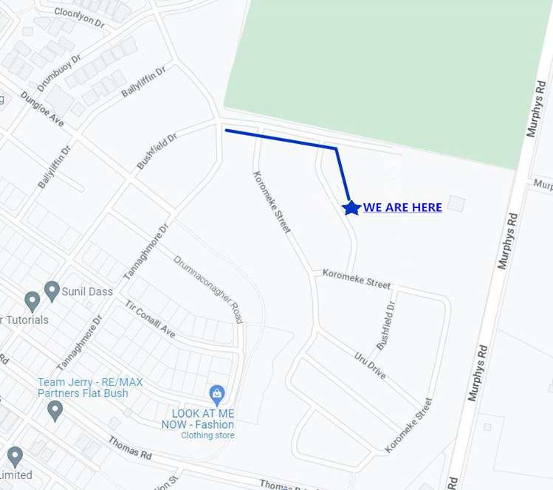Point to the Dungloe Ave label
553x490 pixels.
pyautogui.click(x=42, y=108)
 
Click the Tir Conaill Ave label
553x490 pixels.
pyautogui.click(x=150, y=320)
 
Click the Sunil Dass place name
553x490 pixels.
pyautogui.click(x=88, y=291)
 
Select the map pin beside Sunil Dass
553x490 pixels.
pyautogui.click(x=52, y=291)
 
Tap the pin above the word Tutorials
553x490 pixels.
pyautogui.click(x=32, y=301)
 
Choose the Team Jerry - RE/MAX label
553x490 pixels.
pyautogui.click(x=90, y=382)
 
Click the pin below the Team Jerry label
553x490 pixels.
pyautogui.click(x=54, y=411)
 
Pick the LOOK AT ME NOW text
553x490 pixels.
pyautogui.click(x=199, y=419)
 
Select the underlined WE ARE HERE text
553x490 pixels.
pyautogui.click(x=402, y=207)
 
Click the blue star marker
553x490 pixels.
pyautogui.click(x=351, y=208)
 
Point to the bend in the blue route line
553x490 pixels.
pyautogui.click(x=336, y=148)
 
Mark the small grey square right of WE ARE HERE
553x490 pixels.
pyautogui.click(x=457, y=203)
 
